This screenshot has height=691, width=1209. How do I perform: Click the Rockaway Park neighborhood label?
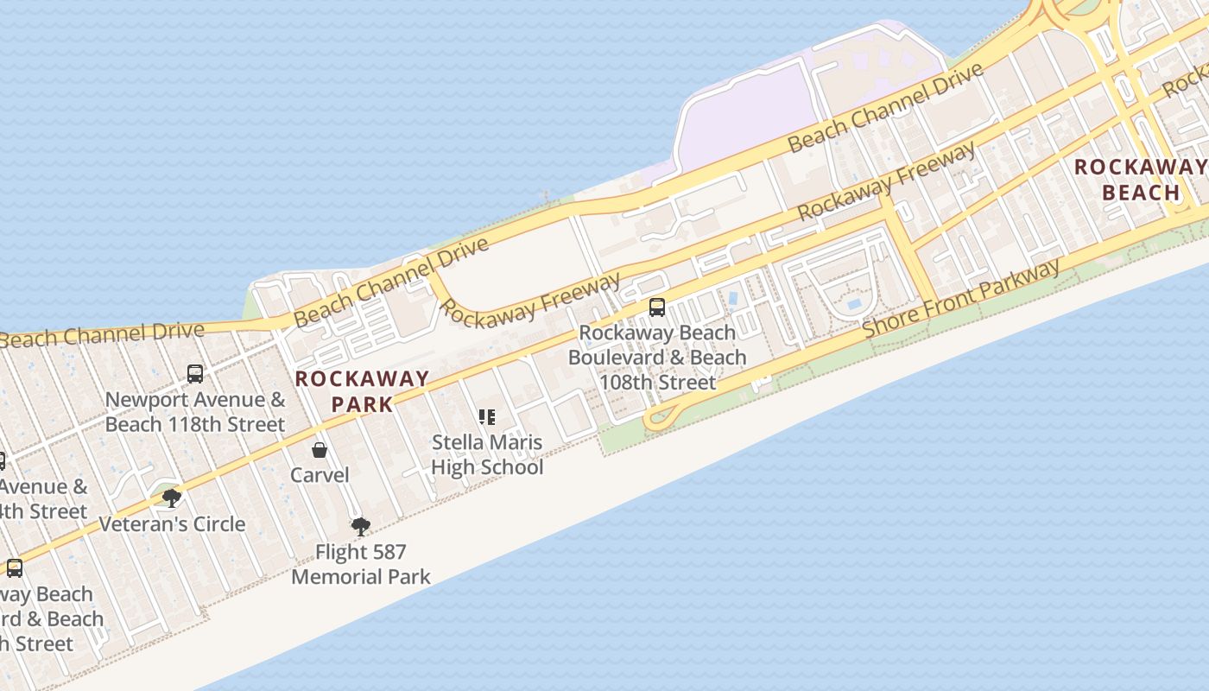(362, 390)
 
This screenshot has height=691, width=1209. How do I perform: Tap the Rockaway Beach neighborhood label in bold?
(1140, 180)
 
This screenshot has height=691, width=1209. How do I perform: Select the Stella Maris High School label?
(487, 455)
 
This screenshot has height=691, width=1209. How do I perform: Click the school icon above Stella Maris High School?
(487, 418)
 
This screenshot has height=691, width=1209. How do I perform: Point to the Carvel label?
(320, 475)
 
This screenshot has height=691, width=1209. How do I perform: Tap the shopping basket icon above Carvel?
(320, 450)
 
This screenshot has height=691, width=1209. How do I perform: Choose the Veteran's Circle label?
(172, 524)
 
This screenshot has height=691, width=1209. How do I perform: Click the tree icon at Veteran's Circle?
(172, 498)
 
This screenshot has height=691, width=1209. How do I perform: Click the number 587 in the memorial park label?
(385, 552)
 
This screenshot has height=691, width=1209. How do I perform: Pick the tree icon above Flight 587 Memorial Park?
(360, 526)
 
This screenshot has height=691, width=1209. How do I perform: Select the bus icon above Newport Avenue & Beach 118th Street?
(195, 374)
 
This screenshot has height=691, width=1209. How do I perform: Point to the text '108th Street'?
(658, 382)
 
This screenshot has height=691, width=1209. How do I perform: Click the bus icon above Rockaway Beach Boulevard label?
(657, 307)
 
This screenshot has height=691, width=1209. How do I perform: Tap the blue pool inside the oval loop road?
(853, 304)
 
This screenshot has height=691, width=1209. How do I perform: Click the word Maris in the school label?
(512, 443)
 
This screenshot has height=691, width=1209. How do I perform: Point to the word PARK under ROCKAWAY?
(362, 403)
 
